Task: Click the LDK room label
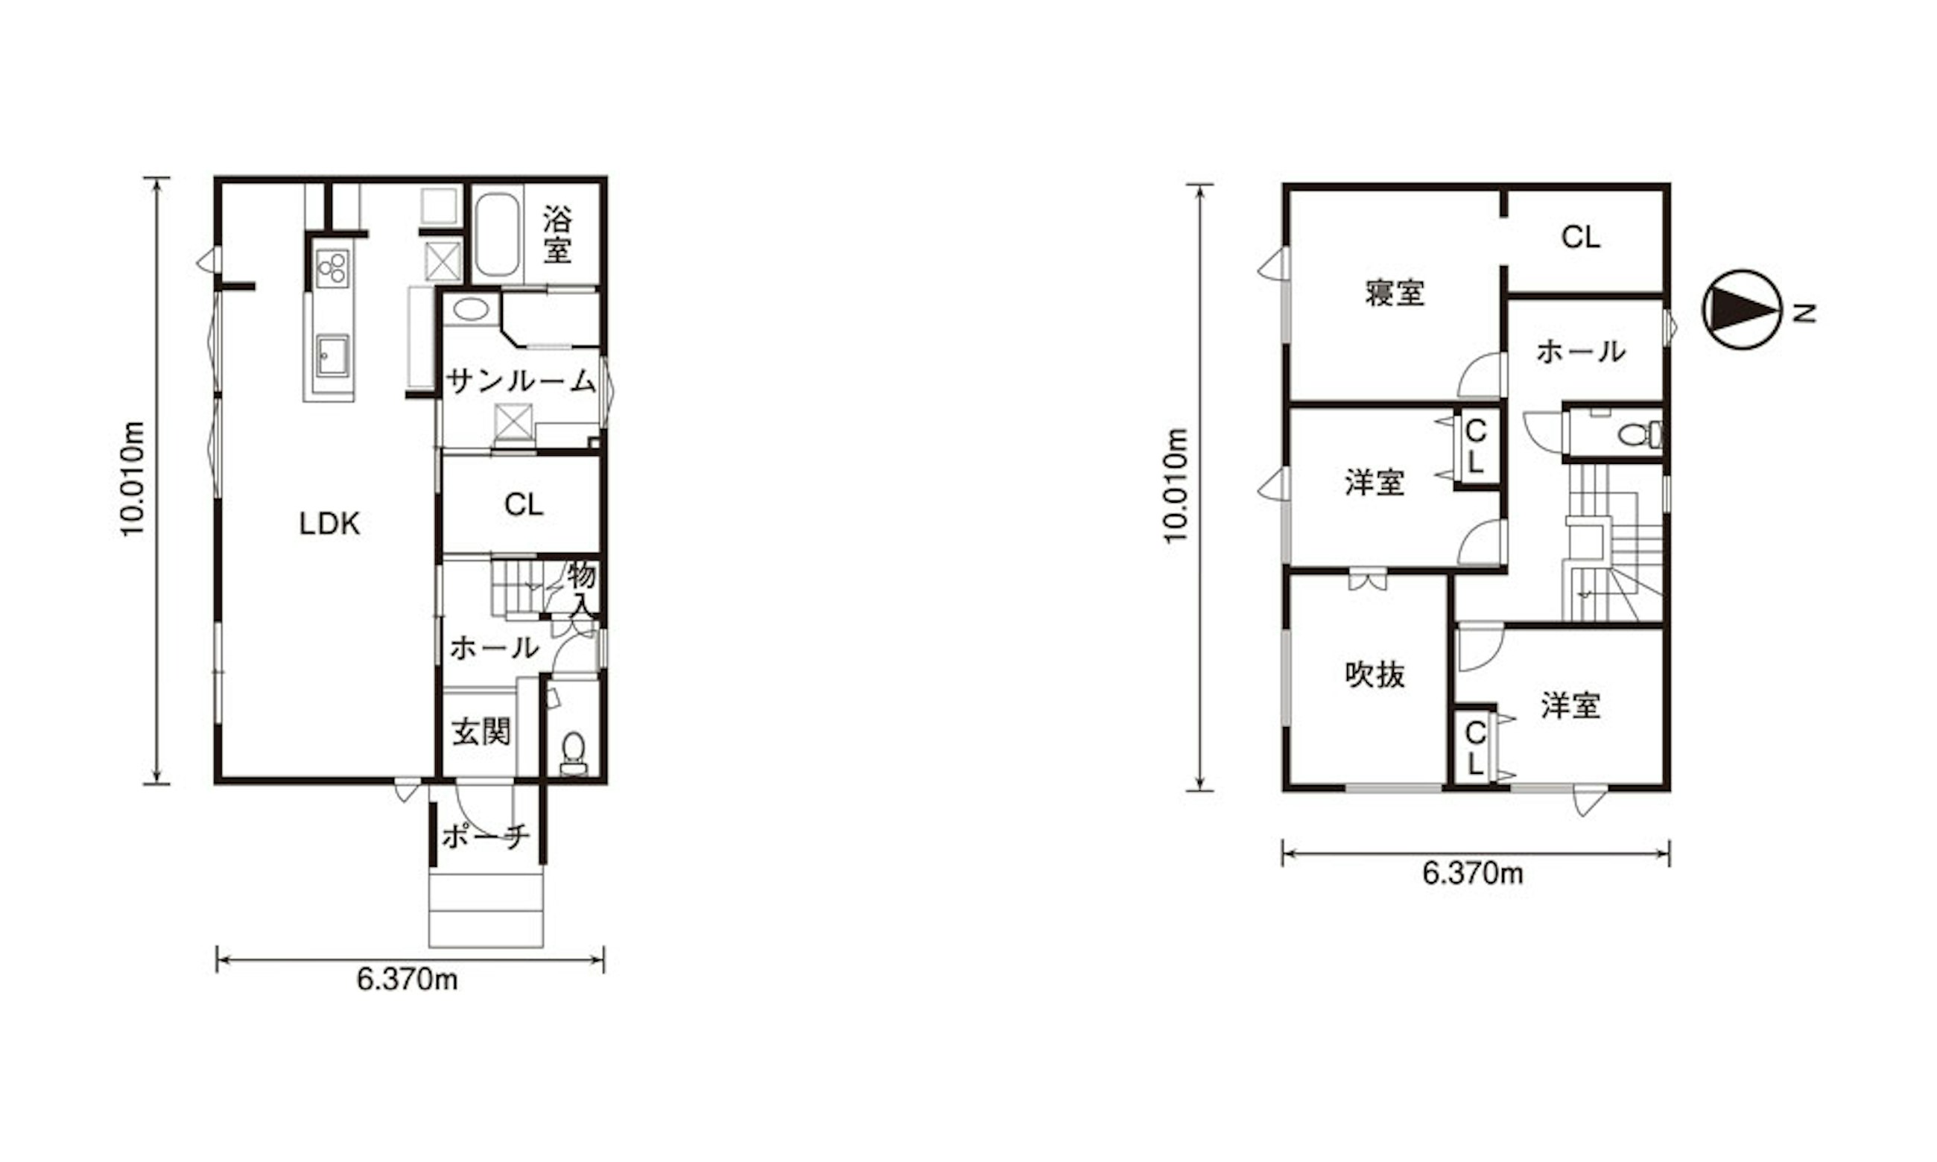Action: [x=329, y=524]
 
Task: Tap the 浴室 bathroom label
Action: [x=557, y=234]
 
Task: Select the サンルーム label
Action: [x=521, y=381]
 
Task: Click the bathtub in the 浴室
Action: [x=497, y=234]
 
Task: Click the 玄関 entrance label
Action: [x=481, y=732]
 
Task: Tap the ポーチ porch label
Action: [x=486, y=837]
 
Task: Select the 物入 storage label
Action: [x=582, y=589]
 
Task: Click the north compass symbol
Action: [x=1742, y=309]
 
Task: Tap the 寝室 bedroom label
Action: [x=1395, y=293]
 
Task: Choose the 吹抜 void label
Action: [x=1375, y=674]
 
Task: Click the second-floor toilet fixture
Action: [x=1640, y=434]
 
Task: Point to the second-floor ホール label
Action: [x=1581, y=352]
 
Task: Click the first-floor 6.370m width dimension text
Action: [x=407, y=980]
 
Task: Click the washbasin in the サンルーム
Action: [x=471, y=309]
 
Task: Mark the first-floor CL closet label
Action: [x=524, y=505]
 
